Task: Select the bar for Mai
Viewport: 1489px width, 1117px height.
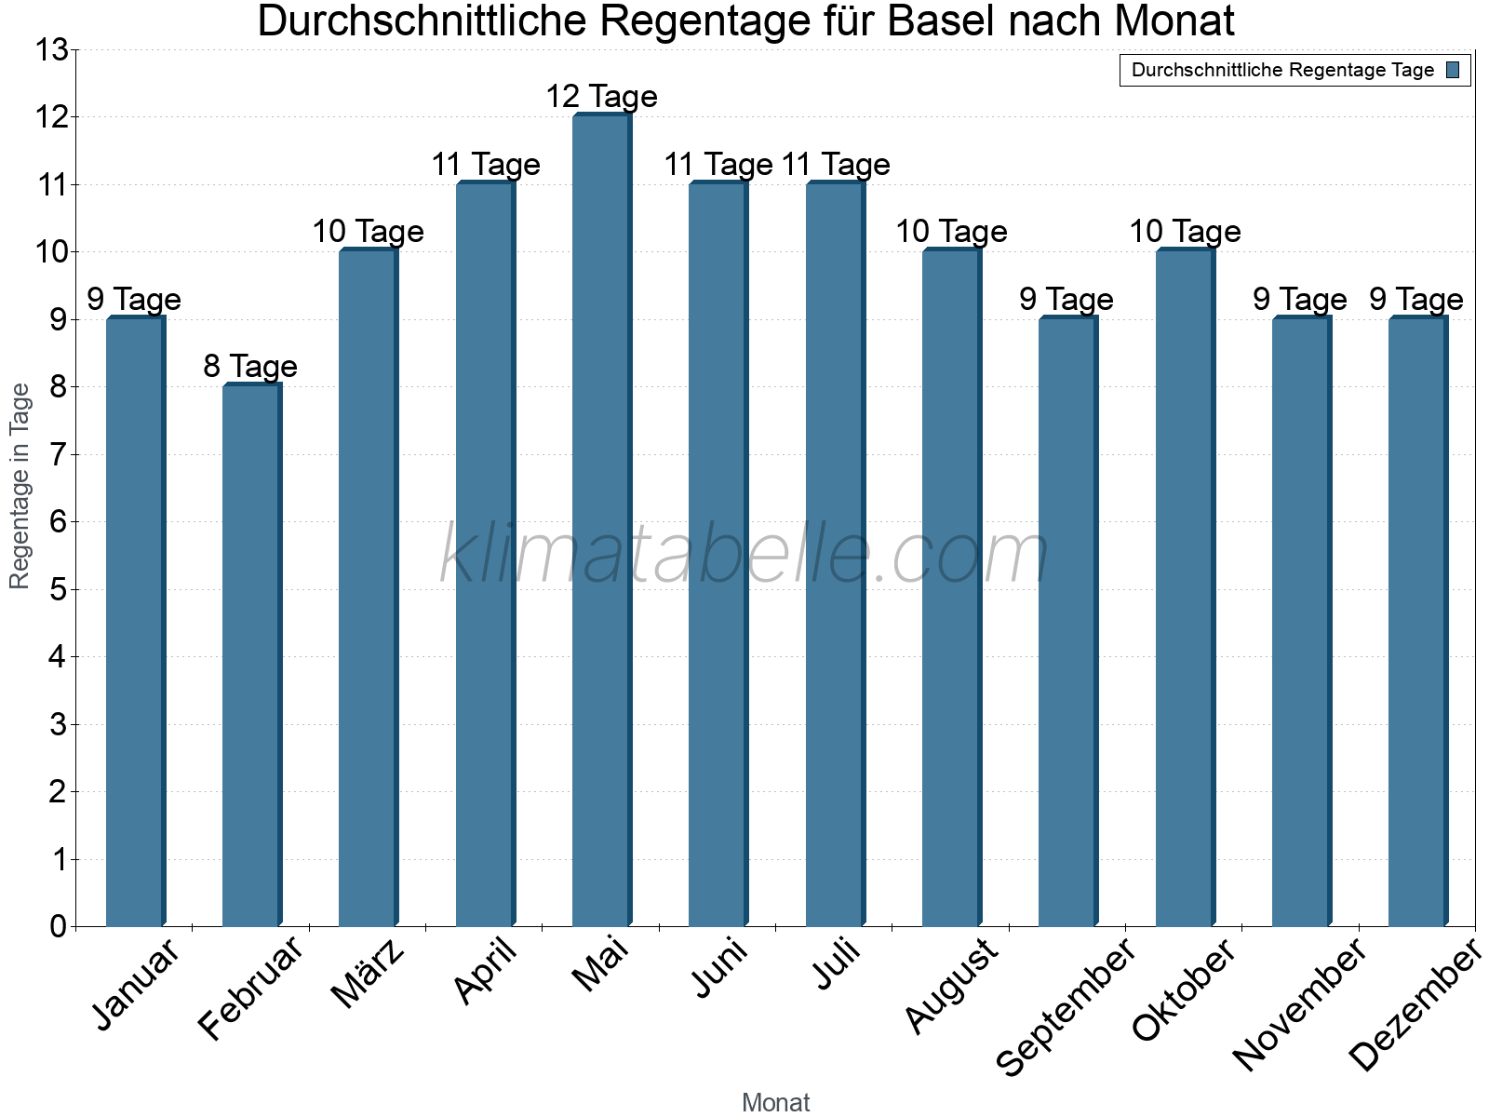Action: pos(601,521)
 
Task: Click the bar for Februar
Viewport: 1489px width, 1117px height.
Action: pos(251,656)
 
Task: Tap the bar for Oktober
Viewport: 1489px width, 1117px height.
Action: pos(1185,588)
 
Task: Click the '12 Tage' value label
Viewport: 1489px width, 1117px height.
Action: pos(601,97)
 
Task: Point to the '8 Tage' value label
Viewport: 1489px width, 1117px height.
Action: pos(250,367)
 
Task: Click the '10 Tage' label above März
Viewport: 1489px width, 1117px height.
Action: pos(368,232)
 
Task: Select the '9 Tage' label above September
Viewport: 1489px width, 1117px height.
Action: pos(1066,300)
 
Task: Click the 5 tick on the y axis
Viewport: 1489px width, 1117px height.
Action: pos(58,590)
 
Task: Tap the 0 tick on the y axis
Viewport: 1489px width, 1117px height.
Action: pos(58,927)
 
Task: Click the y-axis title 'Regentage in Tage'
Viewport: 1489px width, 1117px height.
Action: pos(20,486)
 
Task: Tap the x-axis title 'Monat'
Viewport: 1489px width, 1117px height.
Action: pos(775,1102)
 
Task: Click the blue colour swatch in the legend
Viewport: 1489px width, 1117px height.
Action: pos(1453,70)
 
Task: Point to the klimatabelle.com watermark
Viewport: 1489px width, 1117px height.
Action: pos(744,555)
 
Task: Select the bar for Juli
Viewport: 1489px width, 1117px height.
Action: pos(835,555)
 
